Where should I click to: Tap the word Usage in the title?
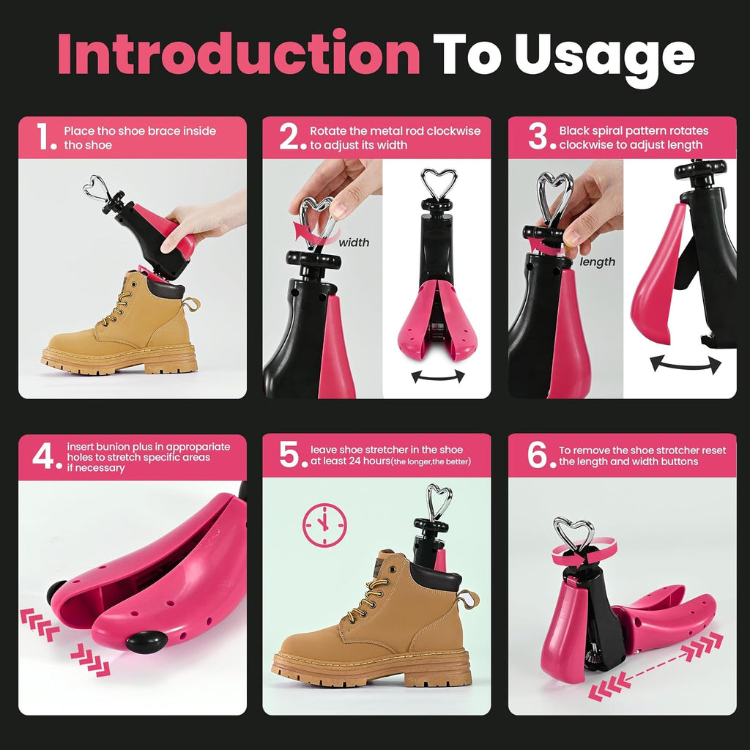(x=604, y=57)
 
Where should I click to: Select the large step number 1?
(x=46, y=136)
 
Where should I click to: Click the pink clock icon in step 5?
(x=324, y=524)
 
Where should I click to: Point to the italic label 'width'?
(x=354, y=242)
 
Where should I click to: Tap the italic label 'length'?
(x=597, y=261)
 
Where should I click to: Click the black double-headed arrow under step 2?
(x=438, y=377)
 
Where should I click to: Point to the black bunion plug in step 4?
(x=146, y=642)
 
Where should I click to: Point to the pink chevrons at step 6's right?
(x=702, y=645)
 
